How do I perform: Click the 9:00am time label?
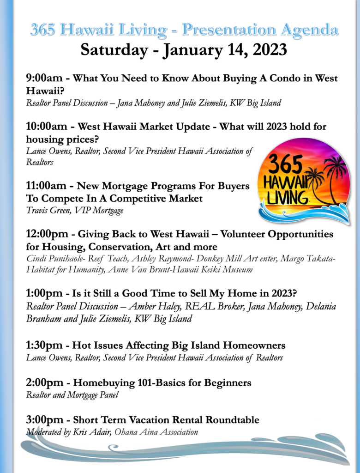44,78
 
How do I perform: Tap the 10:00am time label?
47,126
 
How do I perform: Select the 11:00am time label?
46,186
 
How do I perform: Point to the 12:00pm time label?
47,234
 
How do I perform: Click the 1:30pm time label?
44,345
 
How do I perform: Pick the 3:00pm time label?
45,419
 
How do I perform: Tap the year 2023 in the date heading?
270,49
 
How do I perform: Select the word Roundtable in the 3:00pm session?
233,419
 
